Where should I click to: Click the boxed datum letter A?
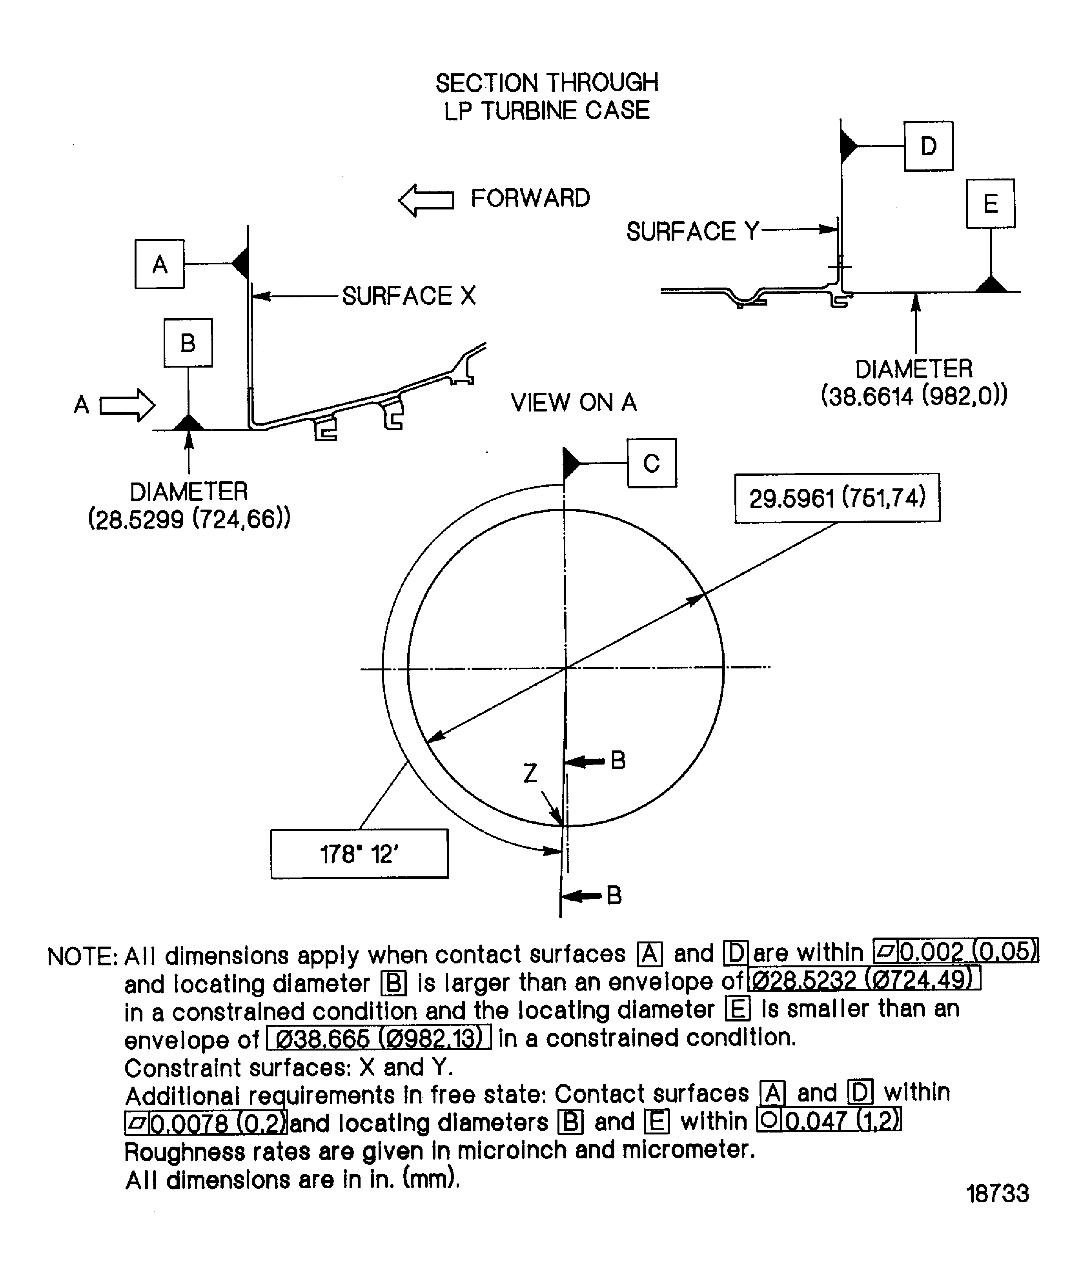159,264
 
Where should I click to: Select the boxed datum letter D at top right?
928,146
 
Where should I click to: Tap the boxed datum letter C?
651,463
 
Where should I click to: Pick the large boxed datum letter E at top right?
990,204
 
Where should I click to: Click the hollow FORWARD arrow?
426,200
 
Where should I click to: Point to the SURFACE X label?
408,296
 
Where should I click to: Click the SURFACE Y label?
692,231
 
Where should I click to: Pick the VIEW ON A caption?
573,402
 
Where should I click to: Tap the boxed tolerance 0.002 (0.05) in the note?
955,951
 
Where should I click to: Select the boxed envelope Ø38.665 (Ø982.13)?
379,1038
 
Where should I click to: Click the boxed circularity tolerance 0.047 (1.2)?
829,1120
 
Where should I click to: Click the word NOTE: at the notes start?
82,957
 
